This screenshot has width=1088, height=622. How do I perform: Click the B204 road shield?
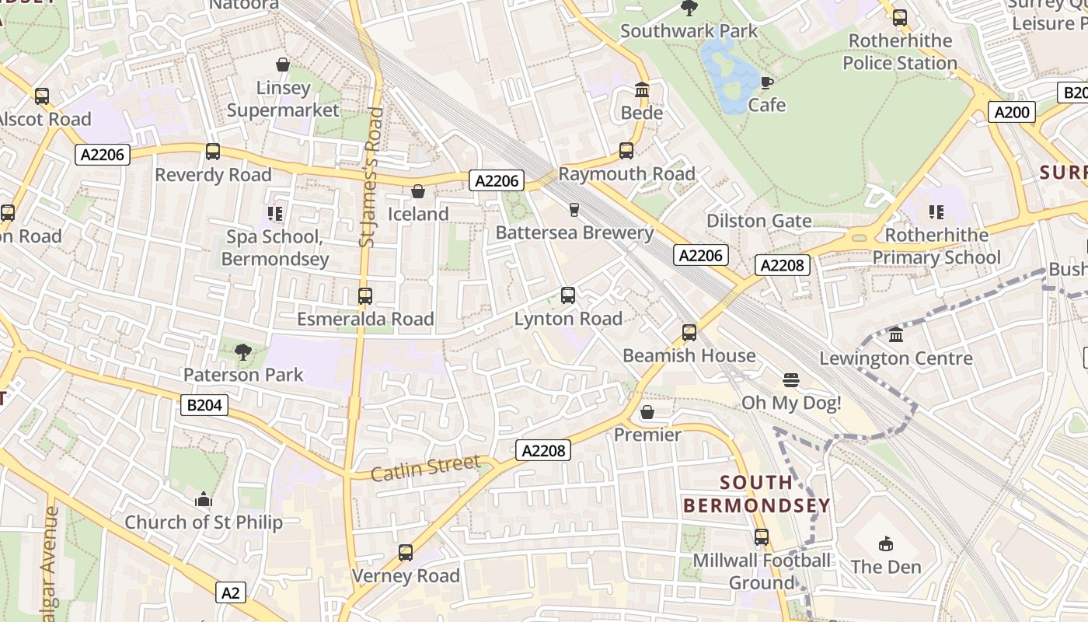(205, 404)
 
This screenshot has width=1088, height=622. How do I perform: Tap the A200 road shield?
(1013, 112)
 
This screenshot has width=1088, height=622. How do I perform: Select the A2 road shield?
(230, 593)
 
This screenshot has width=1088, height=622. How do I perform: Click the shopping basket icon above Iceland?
(418, 191)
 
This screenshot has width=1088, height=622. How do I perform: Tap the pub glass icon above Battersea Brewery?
(574, 210)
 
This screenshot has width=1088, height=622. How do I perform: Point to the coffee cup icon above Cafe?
(766, 82)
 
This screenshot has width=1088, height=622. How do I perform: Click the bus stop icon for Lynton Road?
(568, 295)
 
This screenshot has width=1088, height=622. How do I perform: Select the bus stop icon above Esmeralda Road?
(364, 296)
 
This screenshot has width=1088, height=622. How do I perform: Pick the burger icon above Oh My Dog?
(791, 380)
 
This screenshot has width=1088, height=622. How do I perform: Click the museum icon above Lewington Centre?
(896, 335)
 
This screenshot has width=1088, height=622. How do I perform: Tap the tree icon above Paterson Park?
(242, 352)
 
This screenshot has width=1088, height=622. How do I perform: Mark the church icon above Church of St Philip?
(204, 499)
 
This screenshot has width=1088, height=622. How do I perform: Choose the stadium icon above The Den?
(885, 543)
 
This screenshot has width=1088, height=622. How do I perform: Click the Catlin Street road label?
(425, 468)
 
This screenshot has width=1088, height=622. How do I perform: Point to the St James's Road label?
(372, 177)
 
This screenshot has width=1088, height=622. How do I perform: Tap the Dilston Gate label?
(758, 221)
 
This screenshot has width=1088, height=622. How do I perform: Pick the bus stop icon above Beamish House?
(689, 333)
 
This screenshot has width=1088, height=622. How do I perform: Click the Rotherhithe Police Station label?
(899, 51)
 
